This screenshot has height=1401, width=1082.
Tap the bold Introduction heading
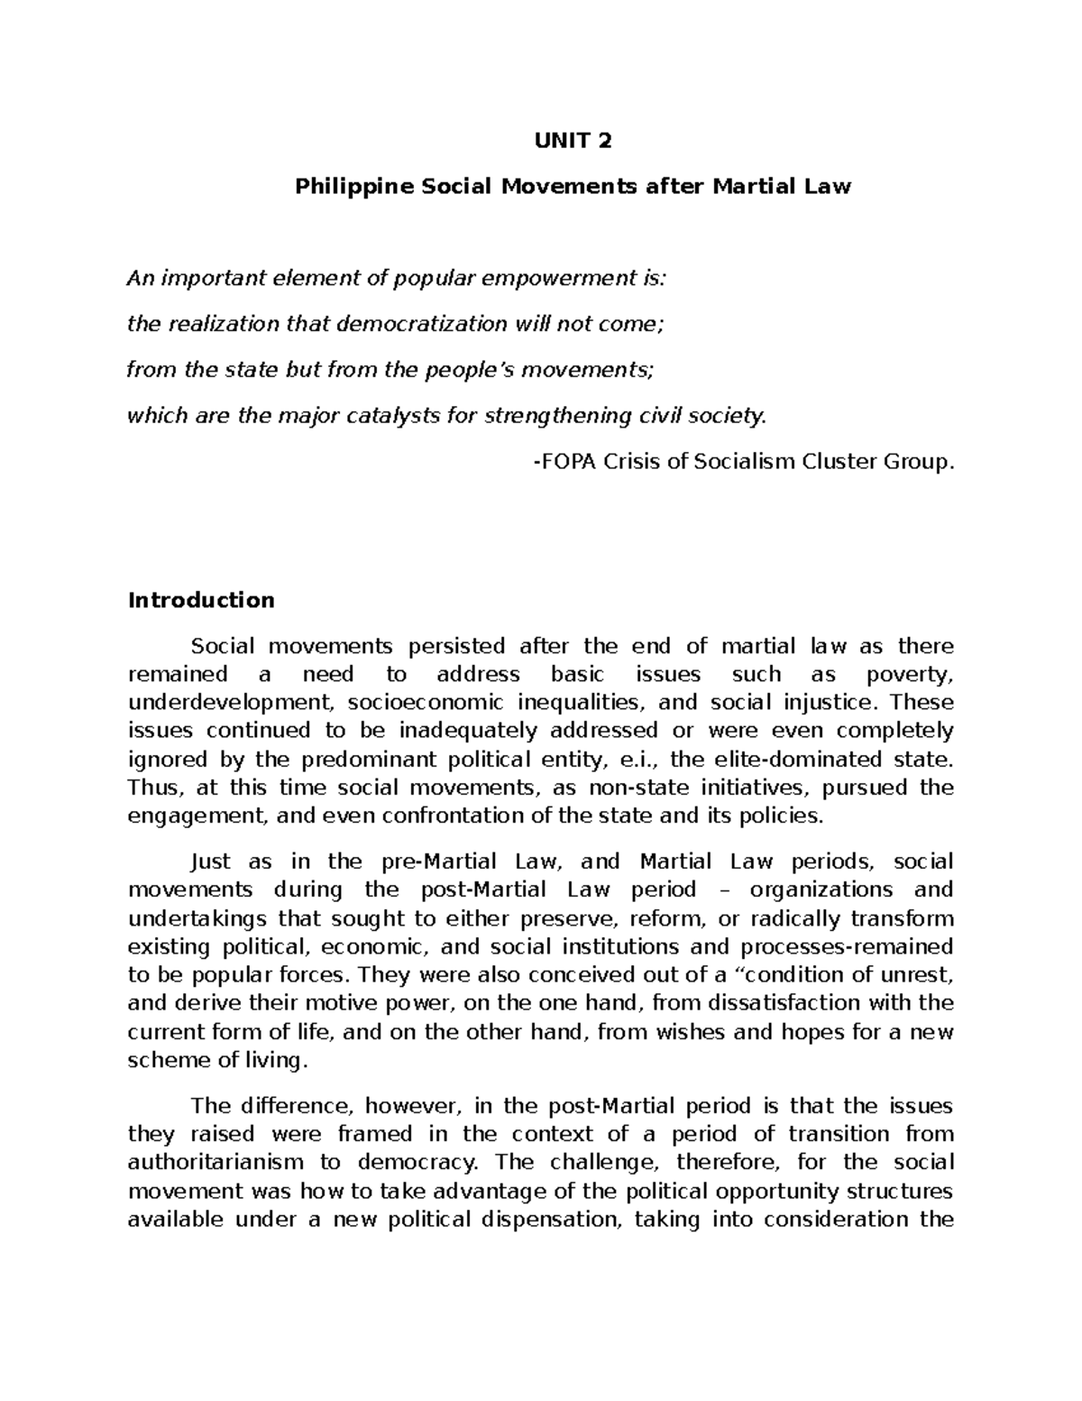click(x=201, y=600)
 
